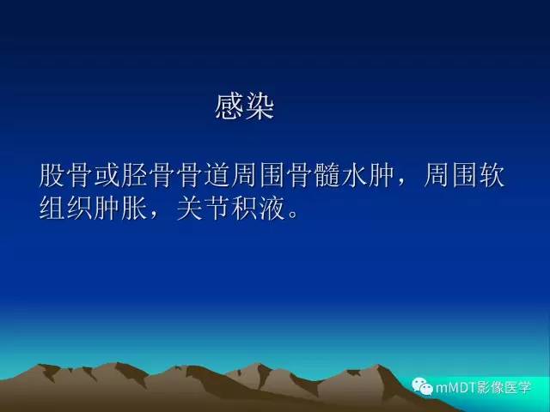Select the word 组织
(67, 206)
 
